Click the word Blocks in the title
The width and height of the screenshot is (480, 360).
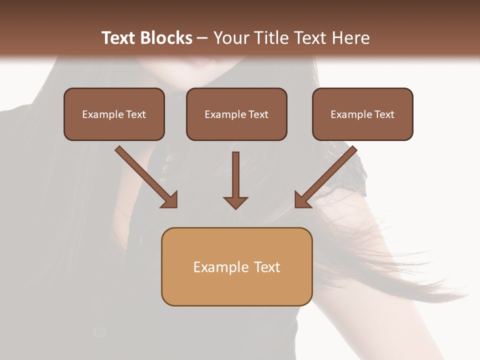[165, 38]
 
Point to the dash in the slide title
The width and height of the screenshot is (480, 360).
[202, 38]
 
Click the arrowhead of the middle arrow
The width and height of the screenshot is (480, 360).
[235, 202]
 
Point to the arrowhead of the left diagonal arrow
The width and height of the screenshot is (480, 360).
[170, 200]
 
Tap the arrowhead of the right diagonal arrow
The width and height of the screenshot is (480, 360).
[302, 200]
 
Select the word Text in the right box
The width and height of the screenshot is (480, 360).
[384, 114]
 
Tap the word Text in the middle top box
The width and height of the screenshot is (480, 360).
[258, 114]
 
